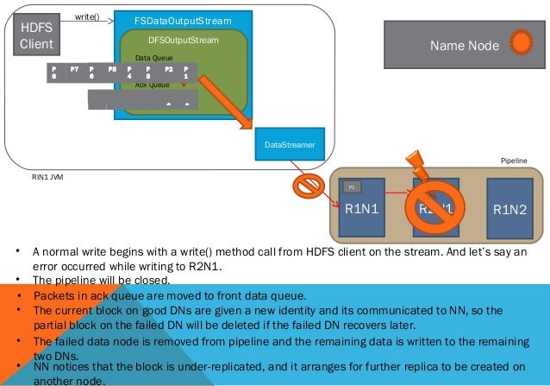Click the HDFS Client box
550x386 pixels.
tap(36, 35)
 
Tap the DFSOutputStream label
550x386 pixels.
tap(184, 40)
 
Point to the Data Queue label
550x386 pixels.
tap(153, 58)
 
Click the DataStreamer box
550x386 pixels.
tap(289, 144)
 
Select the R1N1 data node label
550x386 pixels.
tap(362, 209)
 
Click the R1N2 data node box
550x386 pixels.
tap(509, 207)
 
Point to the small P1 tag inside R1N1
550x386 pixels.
tap(352, 187)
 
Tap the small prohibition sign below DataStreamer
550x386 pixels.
tap(305, 186)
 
